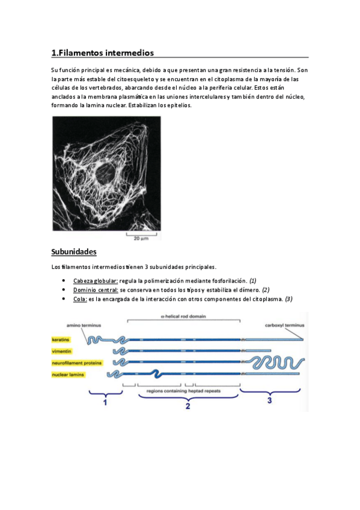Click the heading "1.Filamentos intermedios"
(x=102, y=52)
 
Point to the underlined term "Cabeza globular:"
(x=96, y=281)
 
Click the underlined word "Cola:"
(x=80, y=299)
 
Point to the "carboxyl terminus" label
(x=285, y=325)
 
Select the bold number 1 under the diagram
(x=105, y=404)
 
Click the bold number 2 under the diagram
(x=188, y=407)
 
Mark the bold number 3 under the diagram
(x=269, y=401)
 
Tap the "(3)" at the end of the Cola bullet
(x=288, y=299)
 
